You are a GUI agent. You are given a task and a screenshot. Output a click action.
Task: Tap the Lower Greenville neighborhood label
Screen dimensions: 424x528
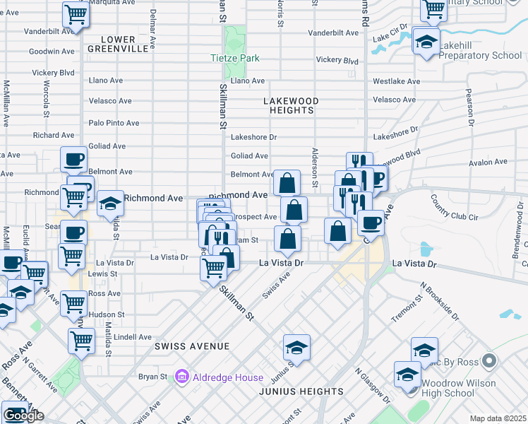118,44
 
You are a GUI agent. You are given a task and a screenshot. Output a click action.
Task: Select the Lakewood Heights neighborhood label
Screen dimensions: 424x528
291,106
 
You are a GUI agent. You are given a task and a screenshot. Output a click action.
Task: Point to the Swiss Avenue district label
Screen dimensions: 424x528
193,346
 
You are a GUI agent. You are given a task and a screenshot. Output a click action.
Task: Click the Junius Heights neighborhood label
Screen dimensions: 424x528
290,391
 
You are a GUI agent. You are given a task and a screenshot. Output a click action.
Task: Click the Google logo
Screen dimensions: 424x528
24,416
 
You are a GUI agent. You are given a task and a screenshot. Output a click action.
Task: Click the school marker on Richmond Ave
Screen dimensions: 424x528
110,204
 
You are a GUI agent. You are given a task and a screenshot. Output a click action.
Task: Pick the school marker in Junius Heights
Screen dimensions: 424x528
296,348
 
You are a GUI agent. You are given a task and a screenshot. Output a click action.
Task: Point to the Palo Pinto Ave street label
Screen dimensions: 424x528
114,123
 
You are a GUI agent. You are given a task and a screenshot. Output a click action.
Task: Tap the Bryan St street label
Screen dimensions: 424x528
152,377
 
